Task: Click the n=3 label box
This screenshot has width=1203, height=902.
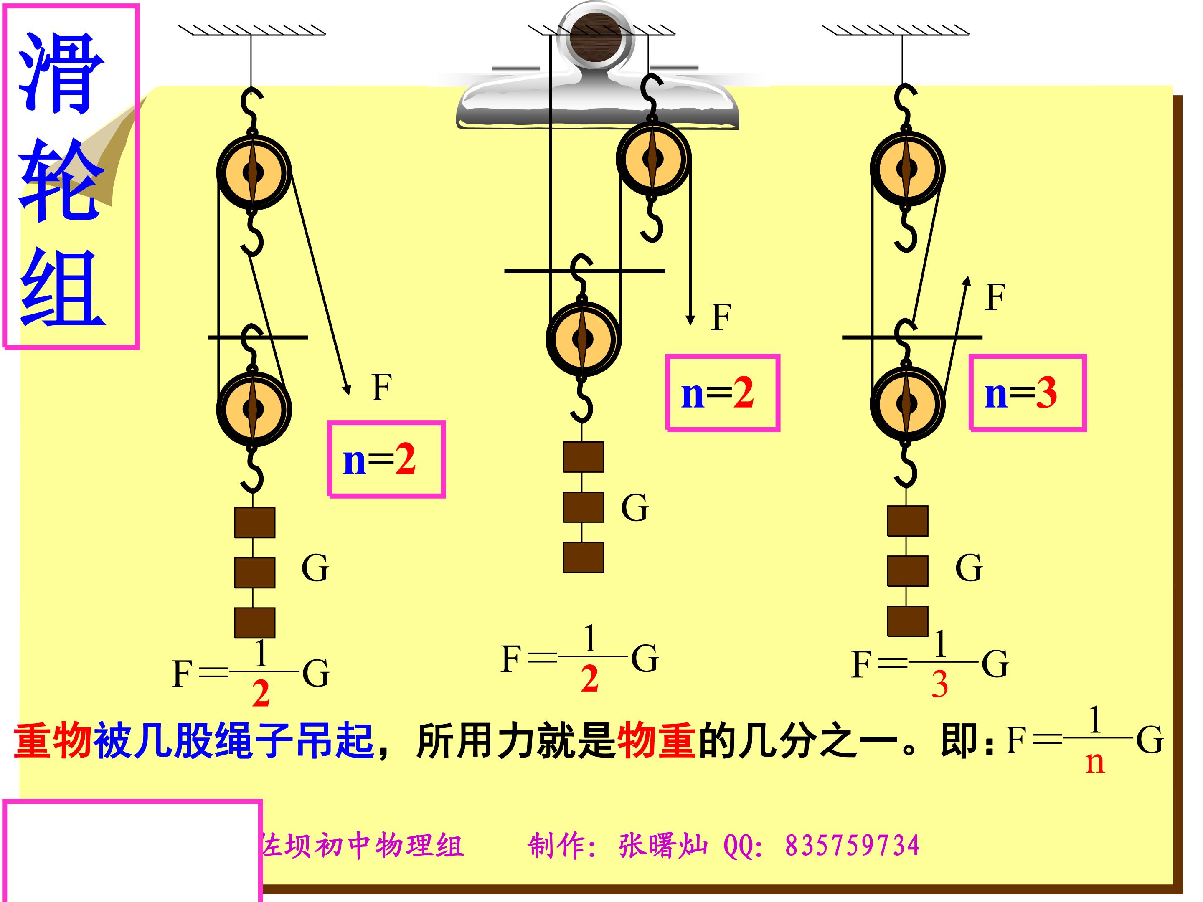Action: pyautogui.click(x=1028, y=393)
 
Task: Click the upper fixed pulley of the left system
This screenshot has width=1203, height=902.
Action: pyautogui.click(x=254, y=172)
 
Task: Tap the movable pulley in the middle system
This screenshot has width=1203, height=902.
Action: pyautogui.click(x=584, y=339)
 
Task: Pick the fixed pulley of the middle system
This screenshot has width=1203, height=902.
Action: pyautogui.click(x=653, y=158)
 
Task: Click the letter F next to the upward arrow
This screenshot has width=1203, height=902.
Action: pyautogui.click(x=995, y=297)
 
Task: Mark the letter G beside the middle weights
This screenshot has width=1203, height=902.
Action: pyautogui.click(x=634, y=508)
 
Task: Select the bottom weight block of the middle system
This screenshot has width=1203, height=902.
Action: pyautogui.click(x=584, y=557)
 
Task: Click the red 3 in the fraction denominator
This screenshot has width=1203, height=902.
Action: pyautogui.click(x=940, y=684)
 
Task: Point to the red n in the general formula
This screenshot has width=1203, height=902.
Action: pyautogui.click(x=1095, y=763)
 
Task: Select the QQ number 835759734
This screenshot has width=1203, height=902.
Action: pyautogui.click(x=852, y=846)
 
